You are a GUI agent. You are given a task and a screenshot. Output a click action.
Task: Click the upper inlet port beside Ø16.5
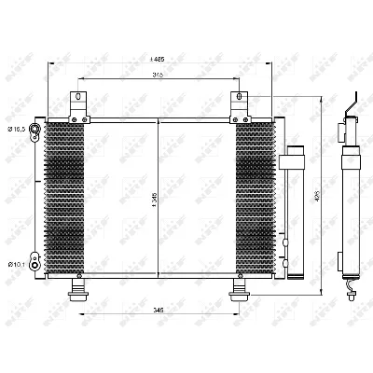pyautogui.click(x=35, y=129)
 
